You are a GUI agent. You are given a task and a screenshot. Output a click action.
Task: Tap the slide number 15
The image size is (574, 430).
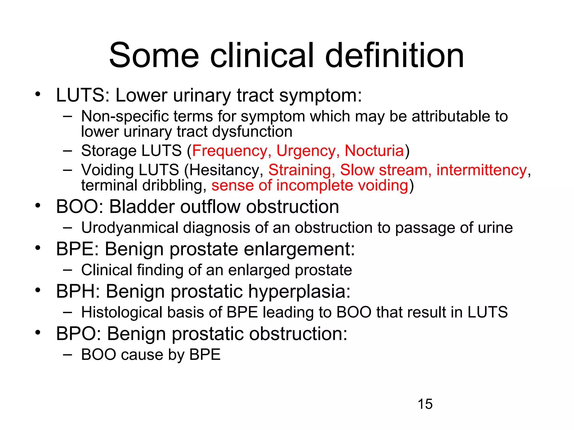tap(425, 404)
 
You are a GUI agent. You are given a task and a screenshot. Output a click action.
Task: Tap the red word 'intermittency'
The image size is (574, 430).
tap(482, 170)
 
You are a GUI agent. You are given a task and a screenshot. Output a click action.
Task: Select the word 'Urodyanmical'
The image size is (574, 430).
tap(130, 228)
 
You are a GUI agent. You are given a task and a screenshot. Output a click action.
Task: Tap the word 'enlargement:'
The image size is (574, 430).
tap(299, 249)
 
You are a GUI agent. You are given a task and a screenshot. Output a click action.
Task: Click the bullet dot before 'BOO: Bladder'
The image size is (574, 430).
tap(38, 206)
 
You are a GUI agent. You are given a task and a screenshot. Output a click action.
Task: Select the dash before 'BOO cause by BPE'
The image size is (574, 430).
tap(68, 354)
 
